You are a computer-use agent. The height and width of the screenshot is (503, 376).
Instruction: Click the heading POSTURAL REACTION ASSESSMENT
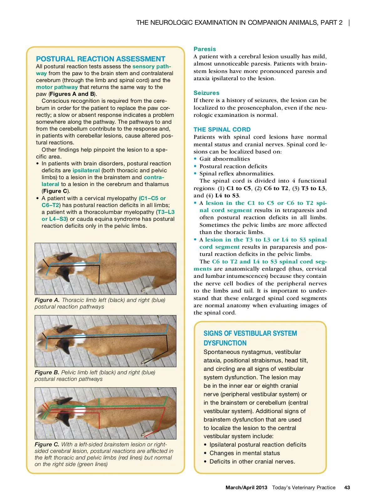point(101,59)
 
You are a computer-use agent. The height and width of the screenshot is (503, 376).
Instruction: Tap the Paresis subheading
point(205,49)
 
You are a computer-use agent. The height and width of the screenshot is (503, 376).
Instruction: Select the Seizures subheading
point(206,93)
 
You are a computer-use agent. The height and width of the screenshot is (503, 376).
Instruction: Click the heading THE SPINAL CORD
point(222,129)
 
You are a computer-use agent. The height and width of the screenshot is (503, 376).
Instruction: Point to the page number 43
point(347,487)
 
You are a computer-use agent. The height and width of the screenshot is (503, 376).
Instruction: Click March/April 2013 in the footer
point(246,487)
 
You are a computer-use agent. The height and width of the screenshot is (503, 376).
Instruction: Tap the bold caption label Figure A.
point(47,300)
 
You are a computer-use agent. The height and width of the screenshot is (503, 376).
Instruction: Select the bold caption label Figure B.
point(47,372)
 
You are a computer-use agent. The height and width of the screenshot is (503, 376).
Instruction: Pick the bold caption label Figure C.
point(47,444)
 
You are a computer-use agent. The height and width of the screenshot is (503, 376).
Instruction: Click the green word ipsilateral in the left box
point(86,170)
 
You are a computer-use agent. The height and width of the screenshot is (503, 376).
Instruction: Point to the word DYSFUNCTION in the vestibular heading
point(225,343)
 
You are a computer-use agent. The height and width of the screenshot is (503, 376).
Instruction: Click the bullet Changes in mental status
point(244,453)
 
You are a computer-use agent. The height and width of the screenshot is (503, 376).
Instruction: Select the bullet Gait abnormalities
point(224,159)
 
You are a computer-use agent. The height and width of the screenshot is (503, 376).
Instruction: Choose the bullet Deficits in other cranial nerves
point(252,461)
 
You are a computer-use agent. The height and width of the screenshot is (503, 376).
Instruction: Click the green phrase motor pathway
point(57,87)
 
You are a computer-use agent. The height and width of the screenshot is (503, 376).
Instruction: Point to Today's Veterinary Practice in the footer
point(304,487)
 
